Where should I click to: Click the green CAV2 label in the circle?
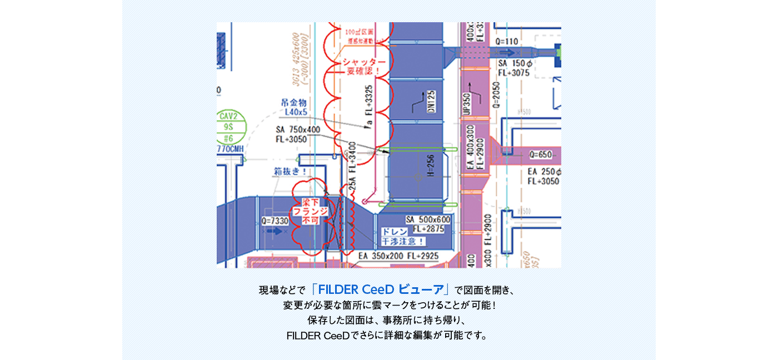228,116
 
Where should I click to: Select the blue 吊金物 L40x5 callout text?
294,107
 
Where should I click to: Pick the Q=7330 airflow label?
275,221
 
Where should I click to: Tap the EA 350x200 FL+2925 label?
398,256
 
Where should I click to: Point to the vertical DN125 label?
431,102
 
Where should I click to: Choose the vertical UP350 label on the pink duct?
467,103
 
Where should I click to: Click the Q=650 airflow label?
540,154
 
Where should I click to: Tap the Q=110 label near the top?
506,41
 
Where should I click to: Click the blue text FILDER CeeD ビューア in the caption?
381,289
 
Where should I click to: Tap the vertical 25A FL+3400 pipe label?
352,167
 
